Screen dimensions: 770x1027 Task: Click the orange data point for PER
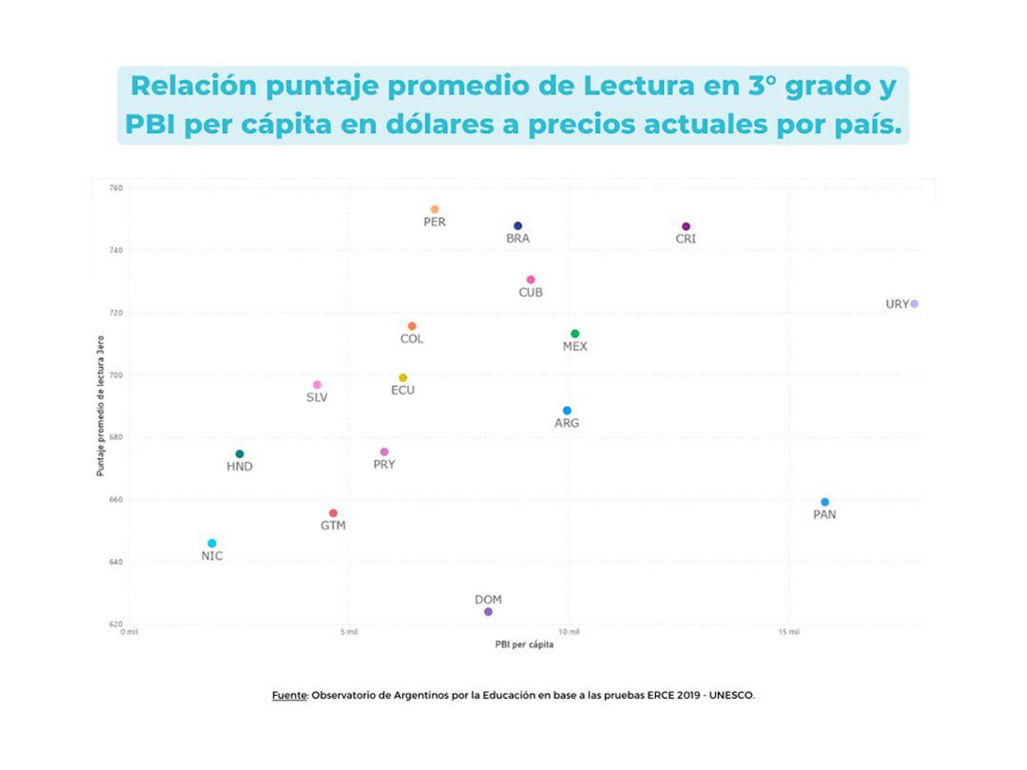435,209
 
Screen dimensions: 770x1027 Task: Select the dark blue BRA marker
517,226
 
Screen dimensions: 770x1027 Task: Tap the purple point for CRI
686,226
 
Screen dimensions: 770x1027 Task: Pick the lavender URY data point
914,304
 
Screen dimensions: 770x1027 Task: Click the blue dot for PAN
824,502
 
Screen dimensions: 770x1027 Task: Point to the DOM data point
488,612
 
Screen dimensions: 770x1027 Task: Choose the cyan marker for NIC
212,544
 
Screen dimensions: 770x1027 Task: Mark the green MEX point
574,334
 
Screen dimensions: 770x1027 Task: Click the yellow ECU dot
402,377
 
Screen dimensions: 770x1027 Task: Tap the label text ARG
567,423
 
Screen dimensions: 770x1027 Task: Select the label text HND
240,467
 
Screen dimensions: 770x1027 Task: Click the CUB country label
531,293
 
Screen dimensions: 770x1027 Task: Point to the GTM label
333,526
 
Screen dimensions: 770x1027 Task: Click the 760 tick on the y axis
115,188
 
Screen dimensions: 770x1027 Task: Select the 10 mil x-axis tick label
569,632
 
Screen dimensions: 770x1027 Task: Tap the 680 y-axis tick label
115,437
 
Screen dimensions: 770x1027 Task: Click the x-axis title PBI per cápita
524,645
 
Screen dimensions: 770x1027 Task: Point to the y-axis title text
100,406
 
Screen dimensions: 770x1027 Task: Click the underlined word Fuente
289,695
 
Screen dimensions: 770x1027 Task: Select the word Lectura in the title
639,86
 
